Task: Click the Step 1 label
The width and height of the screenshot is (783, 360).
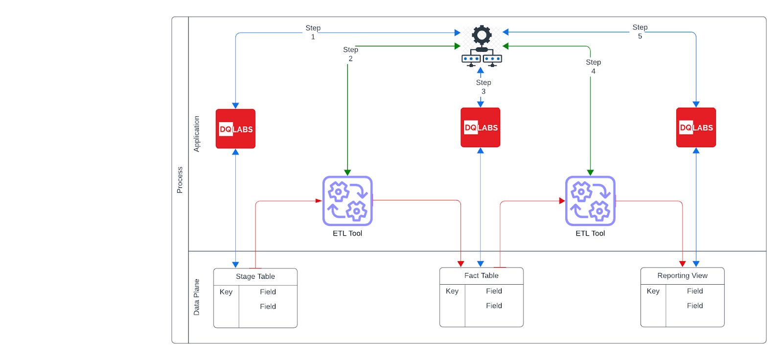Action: click(313, 32)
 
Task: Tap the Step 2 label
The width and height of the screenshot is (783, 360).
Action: click(350, 54)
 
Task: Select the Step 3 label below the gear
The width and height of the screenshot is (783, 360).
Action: click(484, 87)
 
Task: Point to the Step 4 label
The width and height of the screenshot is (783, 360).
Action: click(593, 67)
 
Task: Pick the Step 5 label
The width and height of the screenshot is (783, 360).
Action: click(640, 31)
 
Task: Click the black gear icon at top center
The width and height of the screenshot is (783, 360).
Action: click(482, 35)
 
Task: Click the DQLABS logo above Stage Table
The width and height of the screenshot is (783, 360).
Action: click(235, 129)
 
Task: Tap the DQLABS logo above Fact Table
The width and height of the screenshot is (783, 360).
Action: click(480, 127)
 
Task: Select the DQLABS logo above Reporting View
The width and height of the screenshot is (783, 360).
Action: click(696, 127)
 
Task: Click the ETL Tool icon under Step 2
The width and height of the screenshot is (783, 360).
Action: click(347, 201)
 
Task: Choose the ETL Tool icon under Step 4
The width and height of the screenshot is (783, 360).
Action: click(590, 201)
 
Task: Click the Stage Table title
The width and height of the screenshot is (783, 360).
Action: click(255, 276)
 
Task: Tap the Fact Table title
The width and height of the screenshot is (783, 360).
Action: click(481, 275)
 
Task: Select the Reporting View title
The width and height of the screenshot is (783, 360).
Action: click(682, 275)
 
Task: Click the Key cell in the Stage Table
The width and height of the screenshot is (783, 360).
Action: click(226, 292)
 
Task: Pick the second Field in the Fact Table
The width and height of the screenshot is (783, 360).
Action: click(494, 306)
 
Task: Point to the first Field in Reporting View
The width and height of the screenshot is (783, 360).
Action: click(694, 291)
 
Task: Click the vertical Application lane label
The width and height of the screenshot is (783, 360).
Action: click(197, 134)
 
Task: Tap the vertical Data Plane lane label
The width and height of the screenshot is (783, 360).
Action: click(197, 297)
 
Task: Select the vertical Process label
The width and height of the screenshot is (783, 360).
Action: click(180, 180)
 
